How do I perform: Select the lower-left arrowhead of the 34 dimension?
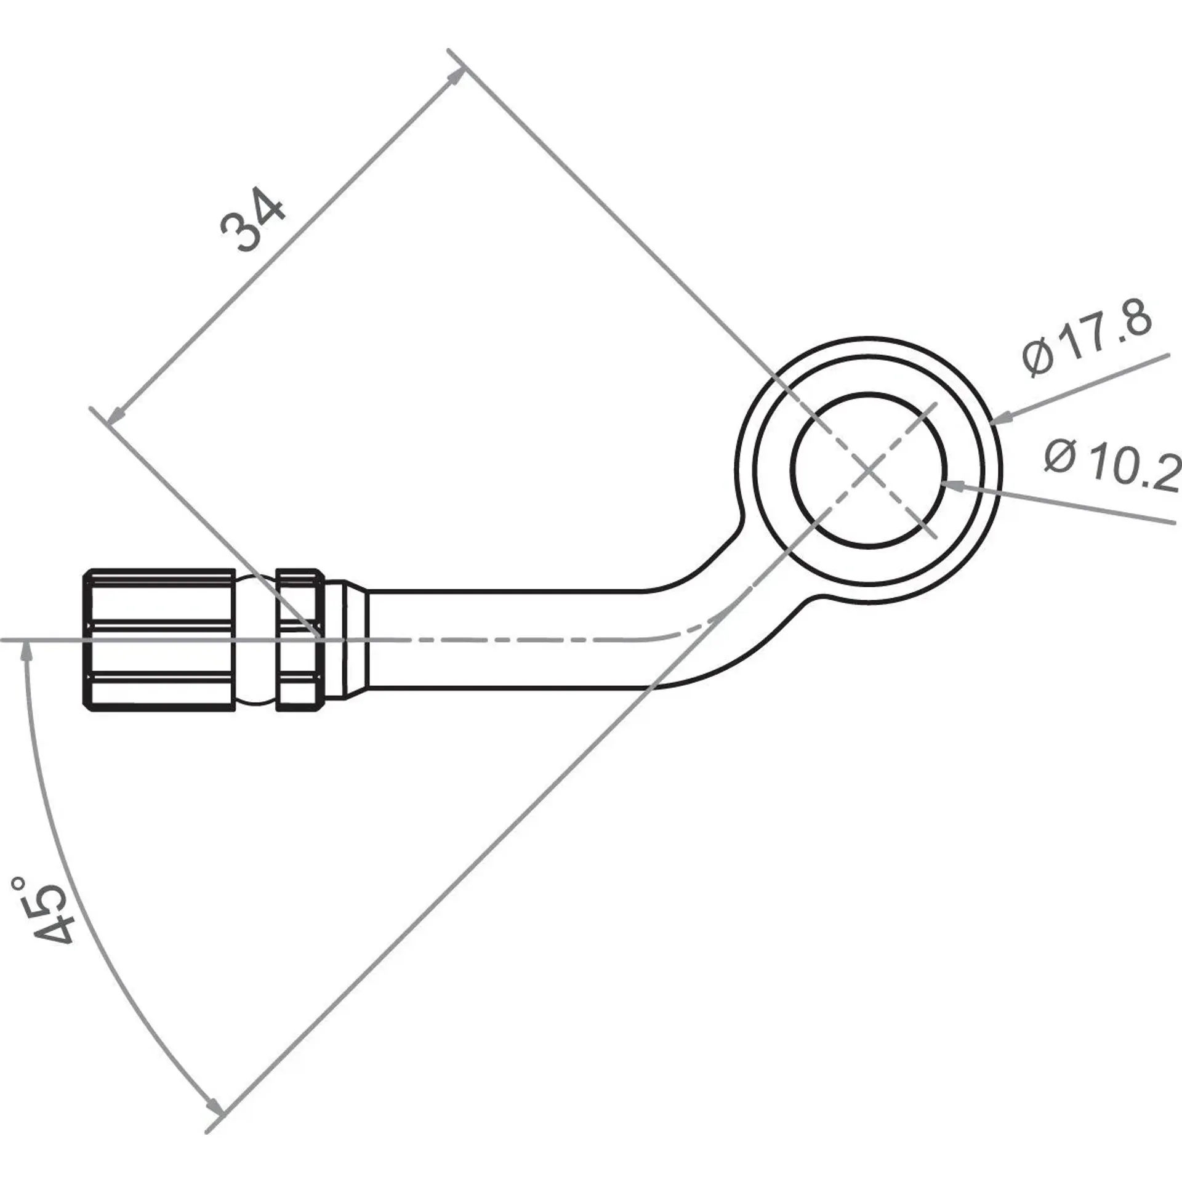(x=116, y=416)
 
